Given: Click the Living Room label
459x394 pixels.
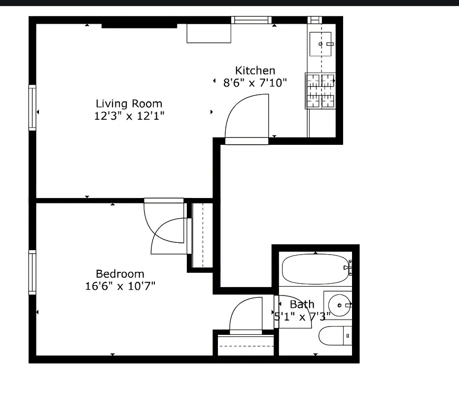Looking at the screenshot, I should (129, 103).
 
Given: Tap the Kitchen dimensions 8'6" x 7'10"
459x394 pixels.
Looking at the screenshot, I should (255, 83).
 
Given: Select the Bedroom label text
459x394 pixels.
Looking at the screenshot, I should (120, 274).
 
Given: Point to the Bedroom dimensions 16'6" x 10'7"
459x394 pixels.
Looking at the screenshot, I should (120, 286).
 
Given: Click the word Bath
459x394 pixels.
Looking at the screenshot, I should (302, 304).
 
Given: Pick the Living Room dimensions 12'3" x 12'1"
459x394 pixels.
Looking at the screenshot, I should (129, 116).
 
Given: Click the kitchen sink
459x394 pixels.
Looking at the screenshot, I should (320, 44).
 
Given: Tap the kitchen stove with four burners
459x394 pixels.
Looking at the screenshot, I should (320, 91).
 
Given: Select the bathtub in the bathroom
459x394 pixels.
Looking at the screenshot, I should (315, 269).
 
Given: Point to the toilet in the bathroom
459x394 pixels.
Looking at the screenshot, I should (336, 336).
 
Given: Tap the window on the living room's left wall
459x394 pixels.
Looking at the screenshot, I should (33, 107).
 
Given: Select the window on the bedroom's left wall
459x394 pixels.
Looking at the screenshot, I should (33, 272).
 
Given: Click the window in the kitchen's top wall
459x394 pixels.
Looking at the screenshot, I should (251, 20).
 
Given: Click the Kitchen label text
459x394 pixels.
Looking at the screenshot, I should (255, 70).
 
